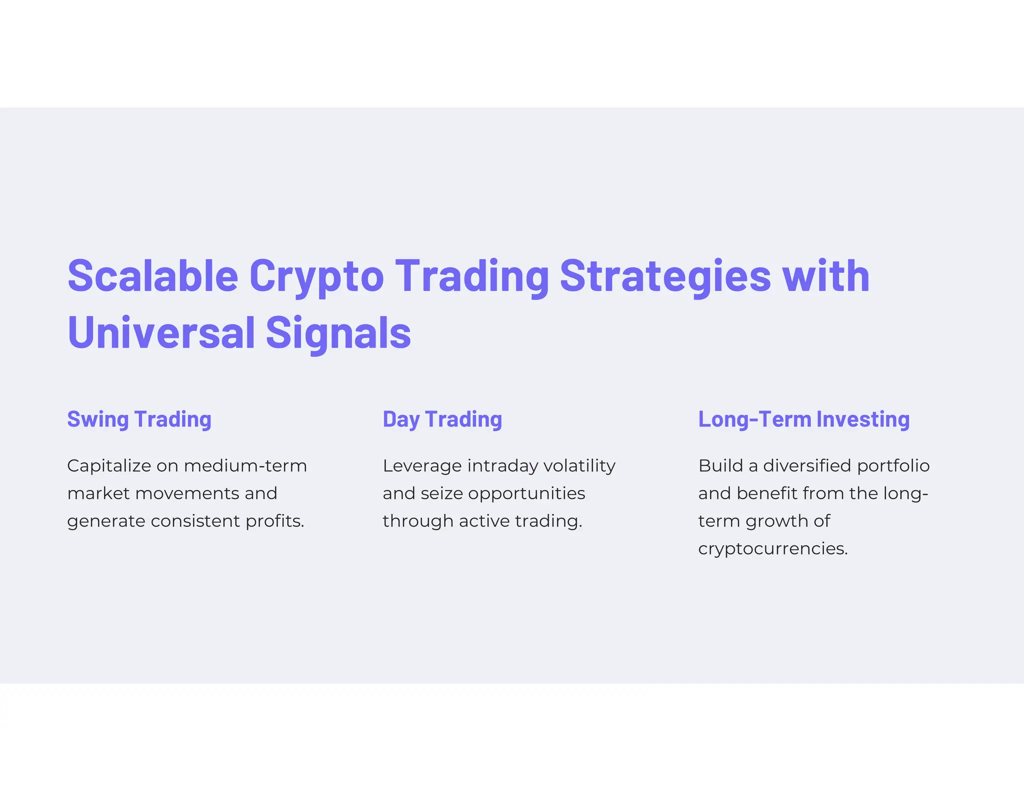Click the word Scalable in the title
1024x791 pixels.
pyautogui.click(x=152, y=276)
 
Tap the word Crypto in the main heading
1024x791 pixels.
pyautogui.click(x=316, y=276)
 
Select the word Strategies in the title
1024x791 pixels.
pyautogui.click(x=665, y=276)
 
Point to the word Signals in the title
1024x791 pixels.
pyautogui.click(x=338, y=333)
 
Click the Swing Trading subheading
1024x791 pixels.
pyautogui.click(x=139, y=419)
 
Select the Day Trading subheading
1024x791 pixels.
pyautogui.click(x=442, y=419)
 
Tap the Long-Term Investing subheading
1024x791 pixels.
pyautogui.click(x=803, y=419)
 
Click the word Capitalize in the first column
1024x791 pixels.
pyautogui.click(x=108, y=466)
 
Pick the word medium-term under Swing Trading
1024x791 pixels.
pyautogui.click(x=245, y=466)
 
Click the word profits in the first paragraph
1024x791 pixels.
pyautogui.click(x=274, y=521)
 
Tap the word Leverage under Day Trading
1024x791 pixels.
pyautogui.click(x=422, y=466)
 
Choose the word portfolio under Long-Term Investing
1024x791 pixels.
pyautogui.click(x=893, y=466)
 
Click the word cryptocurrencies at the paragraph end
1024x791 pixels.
pyautogui.click(x=772, y=549)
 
